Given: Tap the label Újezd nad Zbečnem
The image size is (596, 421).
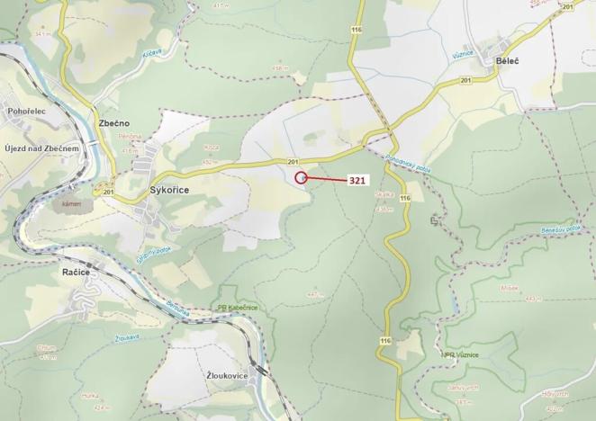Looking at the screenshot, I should [42, 148].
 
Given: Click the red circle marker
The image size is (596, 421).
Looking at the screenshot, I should [301, 177].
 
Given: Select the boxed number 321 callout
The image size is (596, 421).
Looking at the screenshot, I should [357, 180].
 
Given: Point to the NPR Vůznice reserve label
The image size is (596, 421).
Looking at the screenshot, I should [462, 355].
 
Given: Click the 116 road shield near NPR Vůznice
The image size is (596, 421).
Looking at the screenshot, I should [385, 341].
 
